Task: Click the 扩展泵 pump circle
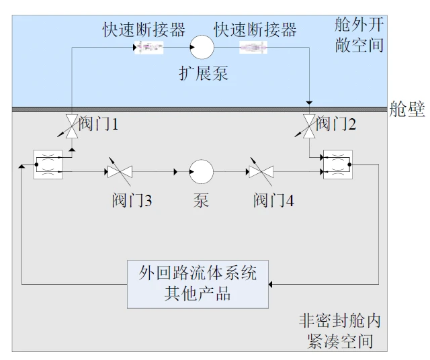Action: [202, 48]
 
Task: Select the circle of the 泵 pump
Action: [202, 172]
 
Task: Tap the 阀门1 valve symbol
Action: [71, 126]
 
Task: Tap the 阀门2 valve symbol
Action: [308, 126]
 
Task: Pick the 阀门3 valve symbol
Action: [120, 172]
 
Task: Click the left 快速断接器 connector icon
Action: [150, 48]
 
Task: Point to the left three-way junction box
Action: [48, 165]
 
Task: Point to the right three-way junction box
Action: [337, 165]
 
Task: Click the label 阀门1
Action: [99, 124]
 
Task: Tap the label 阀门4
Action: [273, 200]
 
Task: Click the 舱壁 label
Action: [407, 110]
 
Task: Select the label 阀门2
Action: [336, 124]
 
